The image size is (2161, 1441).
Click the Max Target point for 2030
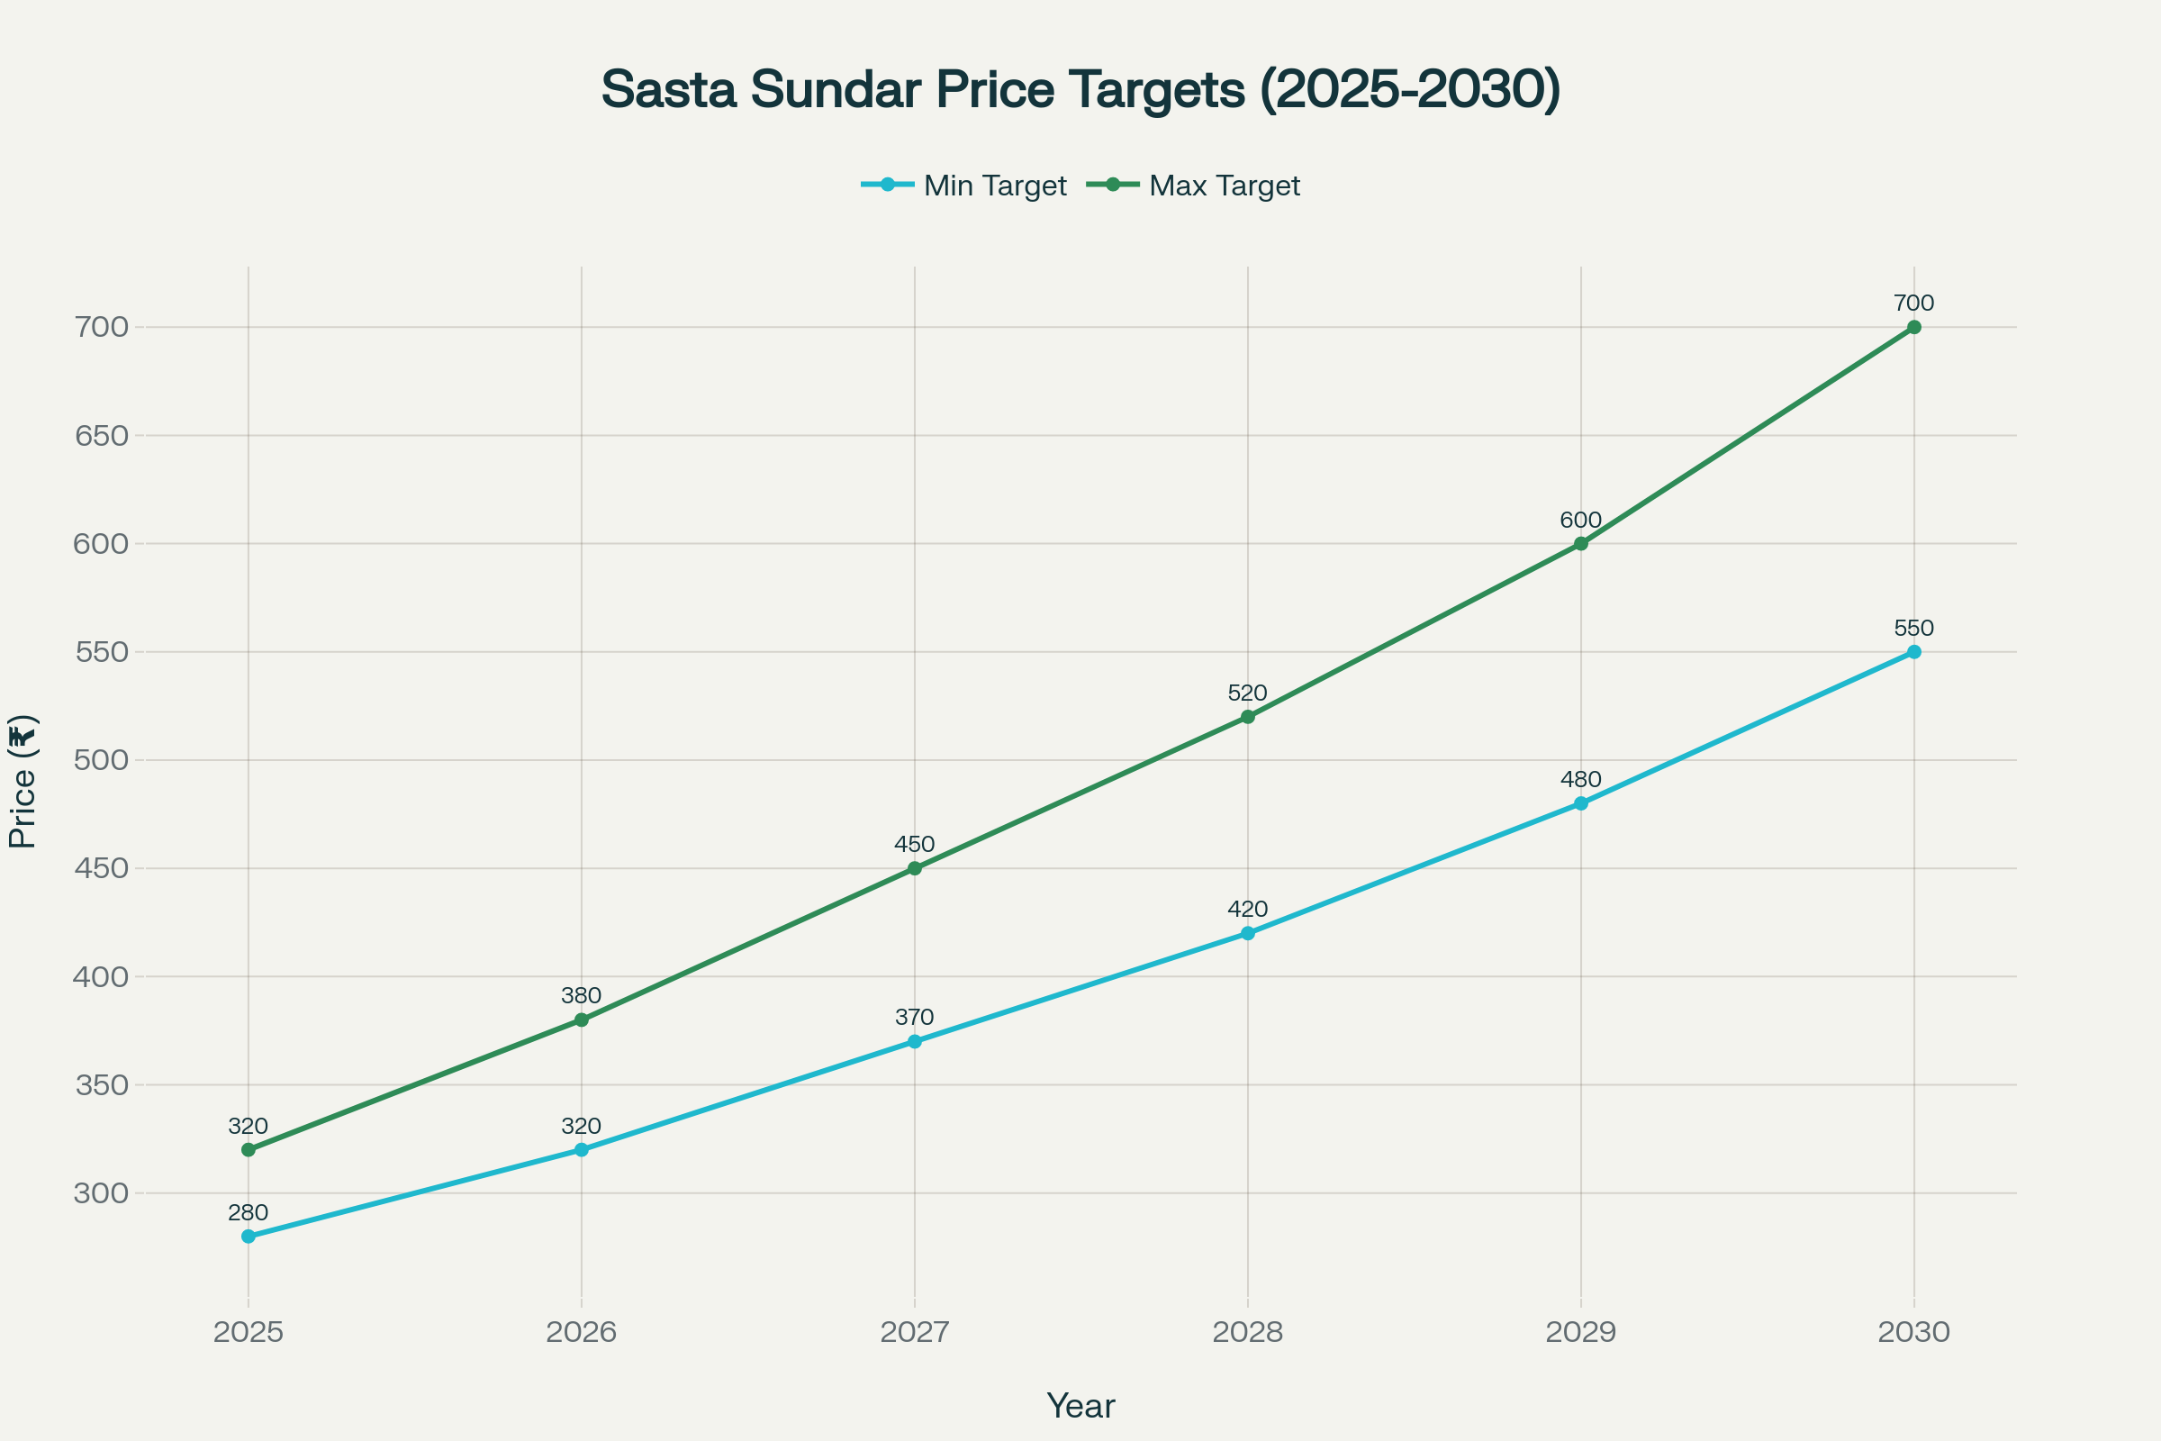1914,327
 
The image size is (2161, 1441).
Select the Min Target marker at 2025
249,1236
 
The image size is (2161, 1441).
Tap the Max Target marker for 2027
914,868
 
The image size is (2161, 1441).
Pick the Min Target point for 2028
1248,934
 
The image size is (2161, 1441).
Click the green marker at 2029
1580,544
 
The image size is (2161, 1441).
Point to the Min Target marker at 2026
582,1150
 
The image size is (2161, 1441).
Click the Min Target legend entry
964,186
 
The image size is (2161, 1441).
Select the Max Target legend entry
1194,186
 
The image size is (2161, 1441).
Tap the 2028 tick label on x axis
1248,1332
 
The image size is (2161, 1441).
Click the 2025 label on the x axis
249,1332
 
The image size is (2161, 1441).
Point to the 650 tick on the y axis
101,436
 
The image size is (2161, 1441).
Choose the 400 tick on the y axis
101,977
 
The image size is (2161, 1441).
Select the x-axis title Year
1080,1406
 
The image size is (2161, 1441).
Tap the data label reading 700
1914,304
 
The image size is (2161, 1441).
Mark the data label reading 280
249,1212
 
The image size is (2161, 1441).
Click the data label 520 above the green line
1248,693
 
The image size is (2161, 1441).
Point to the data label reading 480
1580,779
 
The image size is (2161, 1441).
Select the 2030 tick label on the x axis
1914,1332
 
